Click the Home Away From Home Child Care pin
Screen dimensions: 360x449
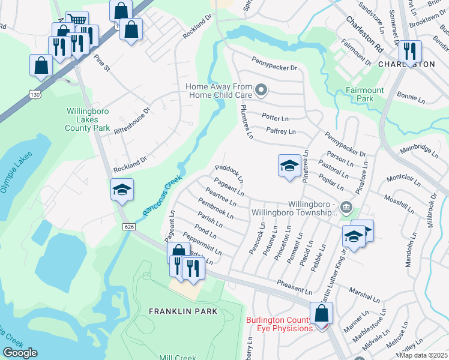(261, 91)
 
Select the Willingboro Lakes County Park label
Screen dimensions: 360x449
(88, 119)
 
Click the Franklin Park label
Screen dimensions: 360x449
(184, 311)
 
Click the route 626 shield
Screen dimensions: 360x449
(130, 226)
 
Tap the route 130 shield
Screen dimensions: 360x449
(35, 94)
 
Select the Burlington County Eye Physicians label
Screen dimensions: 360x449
(279, 323)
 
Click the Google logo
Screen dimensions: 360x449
(20, 353)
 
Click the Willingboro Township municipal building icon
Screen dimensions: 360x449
(346, 208)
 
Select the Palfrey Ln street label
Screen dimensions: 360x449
(282, 131)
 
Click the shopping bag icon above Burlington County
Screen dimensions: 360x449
(322, 313)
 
